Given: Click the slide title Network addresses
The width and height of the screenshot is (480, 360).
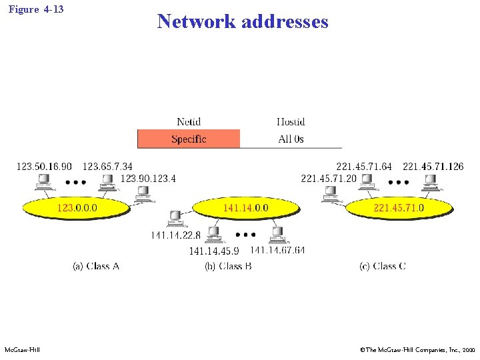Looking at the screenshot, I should pyautogui.click(x=243, y=21).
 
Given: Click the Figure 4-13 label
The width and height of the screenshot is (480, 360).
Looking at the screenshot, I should pyautogui.click(x=37, y=9).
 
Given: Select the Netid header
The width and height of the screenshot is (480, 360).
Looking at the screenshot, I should pyautogui.click(x=189, y=121).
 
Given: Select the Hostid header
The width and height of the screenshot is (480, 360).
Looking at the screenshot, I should pyautogui.click(x=291, y=121).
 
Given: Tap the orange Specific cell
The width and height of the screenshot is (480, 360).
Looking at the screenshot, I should pyautogui.click(x=189, y=139).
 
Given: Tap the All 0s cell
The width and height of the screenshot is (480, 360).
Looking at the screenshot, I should pyautogui.click(x=291, y=139).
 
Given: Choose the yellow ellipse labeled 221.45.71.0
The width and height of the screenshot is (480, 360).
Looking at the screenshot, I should pyautogui.click(x=399, y=208).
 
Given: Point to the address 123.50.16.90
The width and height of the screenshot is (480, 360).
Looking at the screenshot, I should pyautogui.click(x=44, y=166).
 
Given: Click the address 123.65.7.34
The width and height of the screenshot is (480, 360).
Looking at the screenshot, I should pyautogui.click(x=107, y=166).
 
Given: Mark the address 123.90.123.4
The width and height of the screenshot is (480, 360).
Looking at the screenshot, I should pyautogui.click(x=148, y=179).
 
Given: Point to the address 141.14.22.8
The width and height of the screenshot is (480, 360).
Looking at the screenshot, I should pyautogui.click(x=175, y=235).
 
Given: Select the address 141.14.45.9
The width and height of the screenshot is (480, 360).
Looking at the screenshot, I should pyautogui.click(x=213, y=251).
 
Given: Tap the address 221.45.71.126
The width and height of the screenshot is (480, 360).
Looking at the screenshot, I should pyautogui.click(x=433, y=166).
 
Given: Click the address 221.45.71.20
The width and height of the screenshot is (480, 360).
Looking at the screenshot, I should pyautogui.click(x=329, y=179).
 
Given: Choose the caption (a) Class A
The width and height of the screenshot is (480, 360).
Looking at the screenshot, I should pyautogui.click(x=95, y=266).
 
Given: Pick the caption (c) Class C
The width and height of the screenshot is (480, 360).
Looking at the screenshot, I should pyautogui.click(x=383, y=266).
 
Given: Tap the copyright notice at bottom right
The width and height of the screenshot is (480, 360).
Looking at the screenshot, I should pyautogui.click(x=417, y=349).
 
